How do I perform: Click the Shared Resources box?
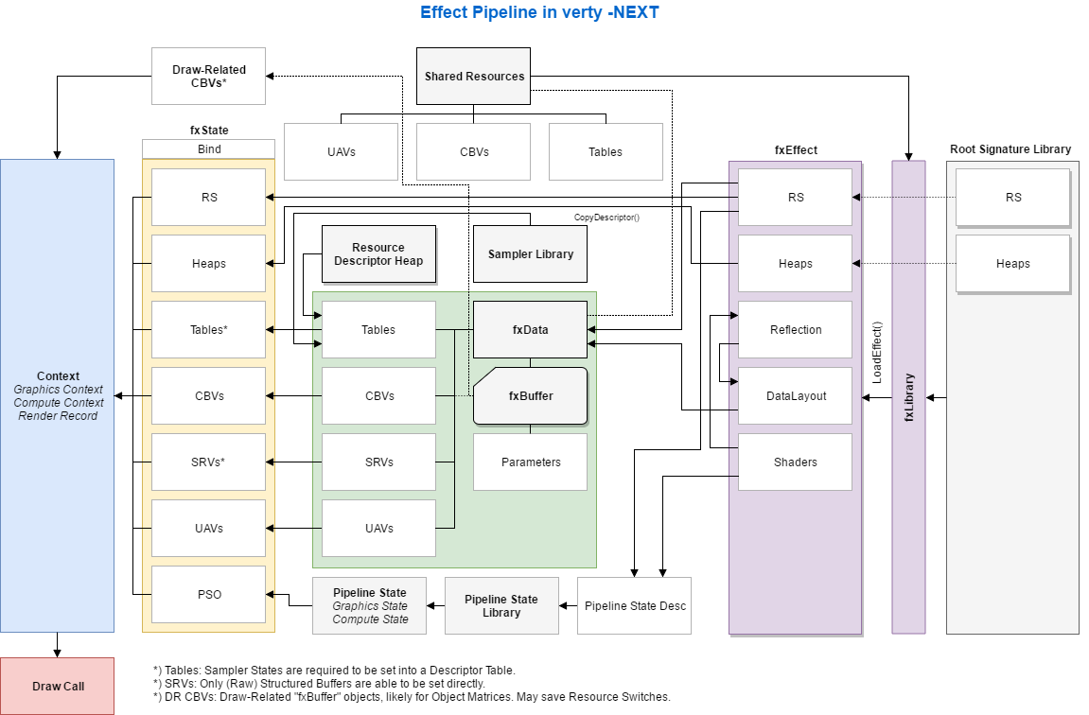[x=473, y=77]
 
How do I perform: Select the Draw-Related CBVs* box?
[x=208, y=77]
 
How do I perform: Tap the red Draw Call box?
[x=58, y=686]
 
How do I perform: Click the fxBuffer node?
[x=530, y=396]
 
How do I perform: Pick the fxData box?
[x=530, y=330]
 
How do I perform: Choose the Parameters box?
[x=530, y=462]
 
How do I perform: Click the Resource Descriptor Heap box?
[x=378, y=254]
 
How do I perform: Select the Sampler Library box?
[x=530, y=254]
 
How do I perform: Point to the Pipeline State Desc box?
[x=634, y=605]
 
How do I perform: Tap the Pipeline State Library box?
[x=501, y=605]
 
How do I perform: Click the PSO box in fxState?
[x=208, y=595]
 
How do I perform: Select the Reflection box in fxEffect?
[x=795, y=330]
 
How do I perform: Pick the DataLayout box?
[x=795, y=396]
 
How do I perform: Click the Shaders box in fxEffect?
[x=795, y=462]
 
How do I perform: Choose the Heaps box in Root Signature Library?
[x=1012, y=264]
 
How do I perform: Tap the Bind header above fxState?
[x=208, y=149]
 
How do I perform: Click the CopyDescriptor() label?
[x=606, y=218]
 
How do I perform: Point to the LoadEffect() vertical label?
[x=877, y=352]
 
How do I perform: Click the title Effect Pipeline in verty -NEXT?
[x=538, y=13]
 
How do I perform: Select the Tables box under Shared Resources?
[x=606, y=151]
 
